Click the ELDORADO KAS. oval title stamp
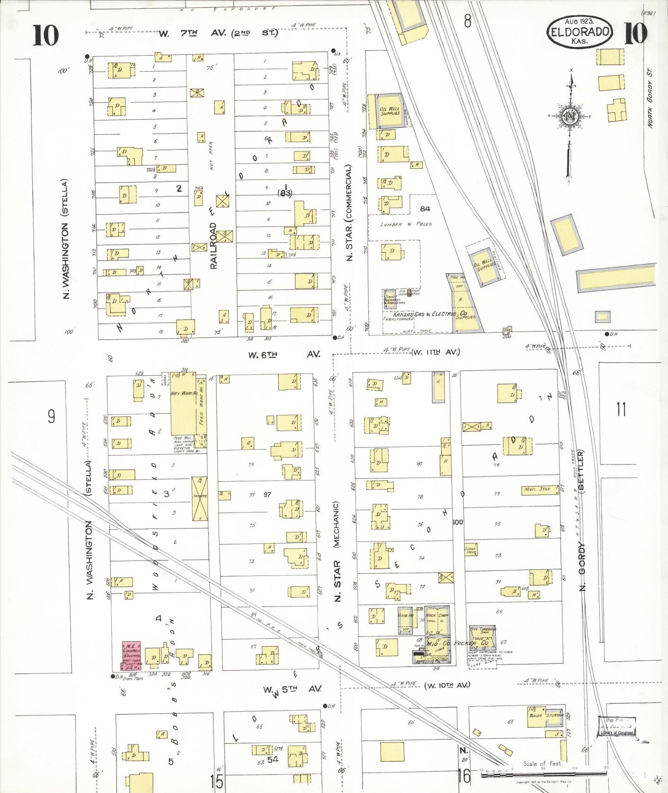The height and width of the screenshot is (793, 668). point(579,32)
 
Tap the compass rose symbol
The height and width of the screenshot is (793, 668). point(570,116)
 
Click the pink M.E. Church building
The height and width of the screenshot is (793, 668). point(131,654)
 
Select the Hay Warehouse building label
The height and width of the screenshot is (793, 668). point(184,393)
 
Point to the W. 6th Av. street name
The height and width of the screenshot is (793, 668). point(283,354)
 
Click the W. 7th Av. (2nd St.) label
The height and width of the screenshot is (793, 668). point(218,33)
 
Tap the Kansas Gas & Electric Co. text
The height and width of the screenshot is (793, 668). point(430,314)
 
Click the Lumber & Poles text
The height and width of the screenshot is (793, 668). point(406,224)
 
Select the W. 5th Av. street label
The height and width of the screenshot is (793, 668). point(292,689)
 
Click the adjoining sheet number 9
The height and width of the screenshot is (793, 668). point(51,416)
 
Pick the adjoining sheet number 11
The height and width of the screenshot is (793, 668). point(620,409)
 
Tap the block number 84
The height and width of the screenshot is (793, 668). point(425,209)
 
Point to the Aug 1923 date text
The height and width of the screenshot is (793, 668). point(579,21)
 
